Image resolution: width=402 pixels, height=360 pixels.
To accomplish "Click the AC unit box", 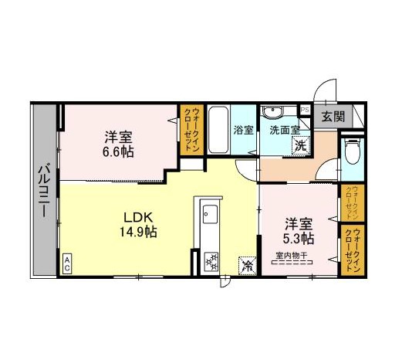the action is pos(67,264).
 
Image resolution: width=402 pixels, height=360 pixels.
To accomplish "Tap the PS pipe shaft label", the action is pos(305,110).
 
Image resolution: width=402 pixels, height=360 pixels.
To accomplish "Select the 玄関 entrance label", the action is pos(333,117).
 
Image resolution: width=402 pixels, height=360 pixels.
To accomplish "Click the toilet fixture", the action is pos(353,151).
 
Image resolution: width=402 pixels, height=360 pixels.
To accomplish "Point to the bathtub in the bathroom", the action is pos(218,130).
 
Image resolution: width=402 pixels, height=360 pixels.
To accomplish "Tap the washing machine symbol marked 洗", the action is pos(301,145).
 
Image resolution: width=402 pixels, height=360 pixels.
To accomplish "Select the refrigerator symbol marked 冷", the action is pos(248,265).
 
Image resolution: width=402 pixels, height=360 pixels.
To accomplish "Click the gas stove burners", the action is pos(211,262).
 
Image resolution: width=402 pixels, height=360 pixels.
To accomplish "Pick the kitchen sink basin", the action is pos(210,214).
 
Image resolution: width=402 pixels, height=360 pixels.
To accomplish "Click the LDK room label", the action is pos(139,218).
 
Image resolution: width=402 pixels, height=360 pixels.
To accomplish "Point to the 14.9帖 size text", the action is pos(138,232).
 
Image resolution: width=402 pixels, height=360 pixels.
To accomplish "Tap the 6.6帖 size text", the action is pos(118,152).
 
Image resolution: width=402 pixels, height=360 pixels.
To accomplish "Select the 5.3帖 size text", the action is pos(299,239).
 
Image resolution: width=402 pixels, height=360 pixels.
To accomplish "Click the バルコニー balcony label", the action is pos(44,191).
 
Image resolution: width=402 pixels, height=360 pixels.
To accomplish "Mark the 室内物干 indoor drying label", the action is pos(292,256).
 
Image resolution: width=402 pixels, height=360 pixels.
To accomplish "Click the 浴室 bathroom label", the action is pos(243,130).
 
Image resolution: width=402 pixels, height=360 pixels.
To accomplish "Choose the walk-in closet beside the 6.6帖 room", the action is pos(192,130).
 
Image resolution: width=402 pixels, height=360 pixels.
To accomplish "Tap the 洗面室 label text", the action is pos(285,131).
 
